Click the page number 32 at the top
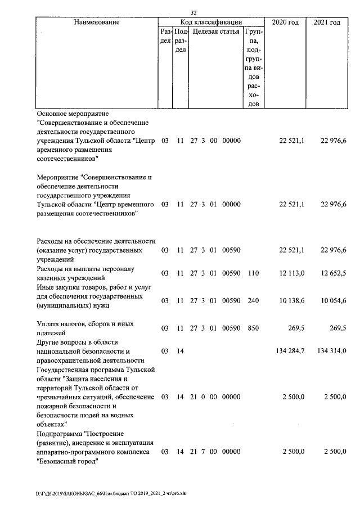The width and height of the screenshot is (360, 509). tap(193, 12)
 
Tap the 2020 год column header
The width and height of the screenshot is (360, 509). tap(285, 22)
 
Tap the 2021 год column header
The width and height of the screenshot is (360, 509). tap(327, 22)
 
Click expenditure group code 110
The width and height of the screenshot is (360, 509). tap(253, 273)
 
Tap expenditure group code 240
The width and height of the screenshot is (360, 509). tap(253, 301)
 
